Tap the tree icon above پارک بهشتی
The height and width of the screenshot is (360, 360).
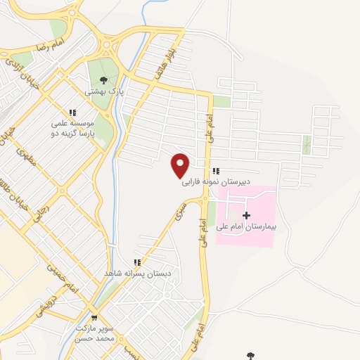pos(104,79)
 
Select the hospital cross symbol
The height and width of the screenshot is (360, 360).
pos(245,214)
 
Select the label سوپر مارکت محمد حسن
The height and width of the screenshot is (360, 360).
pos(94,333)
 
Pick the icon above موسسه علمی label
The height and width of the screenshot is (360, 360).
pos(72,111)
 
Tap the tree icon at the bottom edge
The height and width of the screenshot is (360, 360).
pos(250,356)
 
